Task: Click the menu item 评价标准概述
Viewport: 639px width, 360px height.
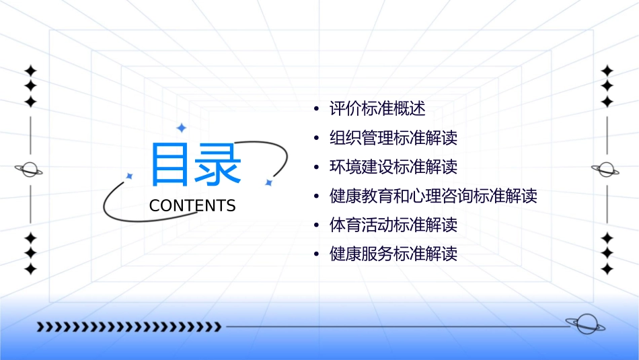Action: pyautogui.click(x=377, y=108)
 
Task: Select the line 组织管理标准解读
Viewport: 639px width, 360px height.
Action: pyautogui.click(x=393, y=138)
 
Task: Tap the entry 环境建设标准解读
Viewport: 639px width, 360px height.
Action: pyautogui.click(x=393, y=167)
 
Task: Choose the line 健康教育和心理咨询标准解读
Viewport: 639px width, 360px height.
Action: pyautogui.click(x=433, y=196)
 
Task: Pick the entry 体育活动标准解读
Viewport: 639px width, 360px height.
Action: pyautogui.click(x=393, y=225)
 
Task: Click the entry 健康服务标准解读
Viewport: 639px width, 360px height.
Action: pyautogui.click(x=393, y=254)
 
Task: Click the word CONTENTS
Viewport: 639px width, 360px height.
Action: pyautogui.click(x=192, y=206)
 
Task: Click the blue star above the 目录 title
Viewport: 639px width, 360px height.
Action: pyautogui.click(x=181, y=128)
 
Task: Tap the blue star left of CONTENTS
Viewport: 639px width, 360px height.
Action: pyautogui.click(x=130, y=176)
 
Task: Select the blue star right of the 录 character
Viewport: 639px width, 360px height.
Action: pyautogui.click(x=268, y=182)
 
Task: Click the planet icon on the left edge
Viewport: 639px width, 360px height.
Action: pyautogui.click(x=29, y=170)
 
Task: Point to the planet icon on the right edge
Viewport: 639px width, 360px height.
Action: pyautogui.click(x=606, y=170)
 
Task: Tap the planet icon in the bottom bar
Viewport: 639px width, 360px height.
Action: pyautogui.click(x=585, y=324)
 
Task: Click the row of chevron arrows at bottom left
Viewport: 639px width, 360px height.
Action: pyautogui.click(x=128, y=327)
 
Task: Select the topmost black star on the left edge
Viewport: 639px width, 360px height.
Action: pyautogui.click(x=30, y=71)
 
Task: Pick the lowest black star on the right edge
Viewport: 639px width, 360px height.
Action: pyautogui.click(x=607, y=268)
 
